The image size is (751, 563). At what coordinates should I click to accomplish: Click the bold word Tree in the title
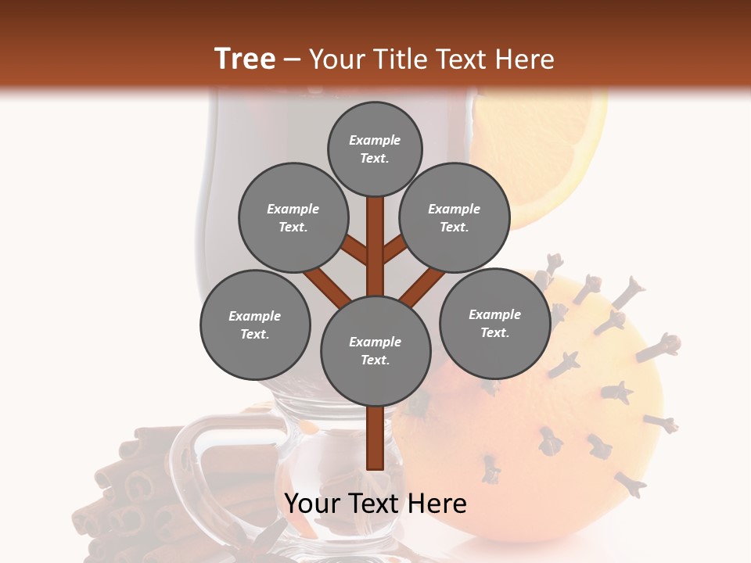244,59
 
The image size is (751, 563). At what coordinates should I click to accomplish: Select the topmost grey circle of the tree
375,149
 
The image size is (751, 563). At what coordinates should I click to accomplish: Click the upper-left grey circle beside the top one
293,217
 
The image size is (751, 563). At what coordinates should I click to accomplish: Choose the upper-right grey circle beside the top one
455,217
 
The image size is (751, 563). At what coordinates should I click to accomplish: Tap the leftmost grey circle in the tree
255,325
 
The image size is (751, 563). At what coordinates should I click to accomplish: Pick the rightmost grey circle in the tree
494,323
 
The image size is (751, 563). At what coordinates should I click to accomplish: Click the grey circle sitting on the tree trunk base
375,350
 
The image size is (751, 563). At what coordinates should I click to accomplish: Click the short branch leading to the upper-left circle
356,251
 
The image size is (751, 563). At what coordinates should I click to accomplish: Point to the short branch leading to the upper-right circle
394,250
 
